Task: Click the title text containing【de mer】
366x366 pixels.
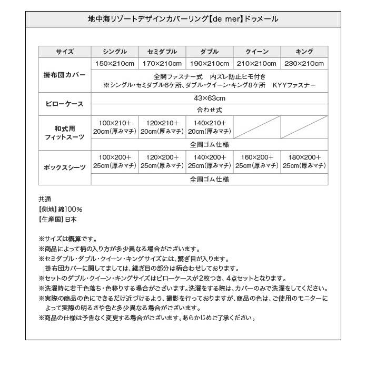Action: point(183,19)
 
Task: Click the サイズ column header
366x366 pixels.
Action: point(65,52)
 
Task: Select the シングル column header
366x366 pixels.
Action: point(115,52)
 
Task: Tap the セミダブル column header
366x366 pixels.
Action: point(162,52)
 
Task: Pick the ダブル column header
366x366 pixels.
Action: point(210,52)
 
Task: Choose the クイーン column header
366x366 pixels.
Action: point(257,52)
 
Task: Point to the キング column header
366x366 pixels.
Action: point(304,52)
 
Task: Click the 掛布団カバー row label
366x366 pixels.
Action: point(65,75)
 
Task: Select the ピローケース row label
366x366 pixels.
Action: point(65,104)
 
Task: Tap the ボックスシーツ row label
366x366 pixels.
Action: point(65,167)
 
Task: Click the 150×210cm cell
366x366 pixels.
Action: point(115,64)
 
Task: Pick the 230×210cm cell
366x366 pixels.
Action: point(304,64)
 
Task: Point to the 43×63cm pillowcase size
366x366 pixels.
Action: point(210,98)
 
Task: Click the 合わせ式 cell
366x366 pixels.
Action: point(210,110)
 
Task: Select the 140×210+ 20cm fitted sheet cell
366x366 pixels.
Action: point(210,127)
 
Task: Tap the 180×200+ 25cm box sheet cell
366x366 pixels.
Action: point(304,162)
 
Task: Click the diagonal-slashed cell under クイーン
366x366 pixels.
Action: point(257,127)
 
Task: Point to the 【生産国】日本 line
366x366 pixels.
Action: point(57,220)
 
